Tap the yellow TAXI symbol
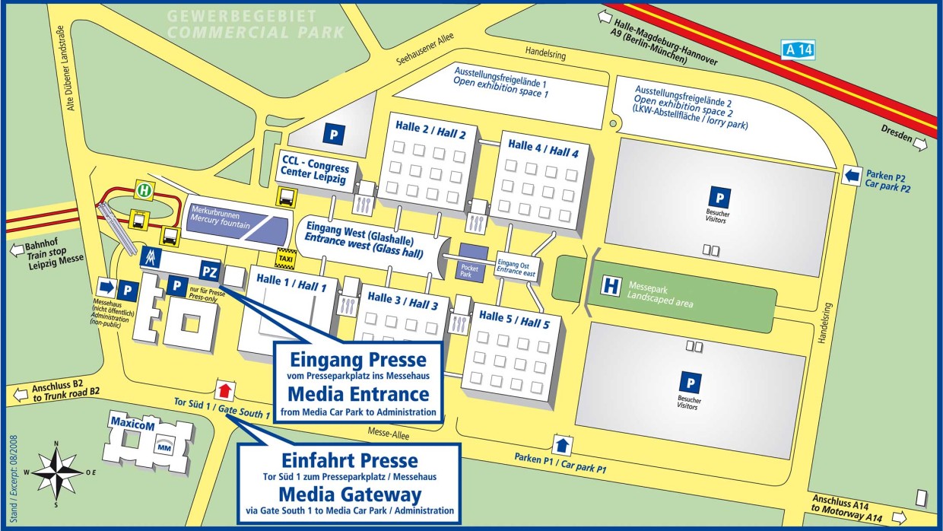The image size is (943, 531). (x=286, y=258)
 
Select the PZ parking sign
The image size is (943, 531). (x=210, y=270)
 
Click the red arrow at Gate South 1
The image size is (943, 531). (x=224, y=391)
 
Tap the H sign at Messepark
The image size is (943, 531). (x=610, y=286)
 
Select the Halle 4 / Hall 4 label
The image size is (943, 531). (x=543, y=150)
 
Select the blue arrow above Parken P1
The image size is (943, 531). (x=562, y=444)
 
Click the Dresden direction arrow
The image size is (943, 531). (x=921, y=144)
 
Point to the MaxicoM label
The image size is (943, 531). (x=132, y=424)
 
